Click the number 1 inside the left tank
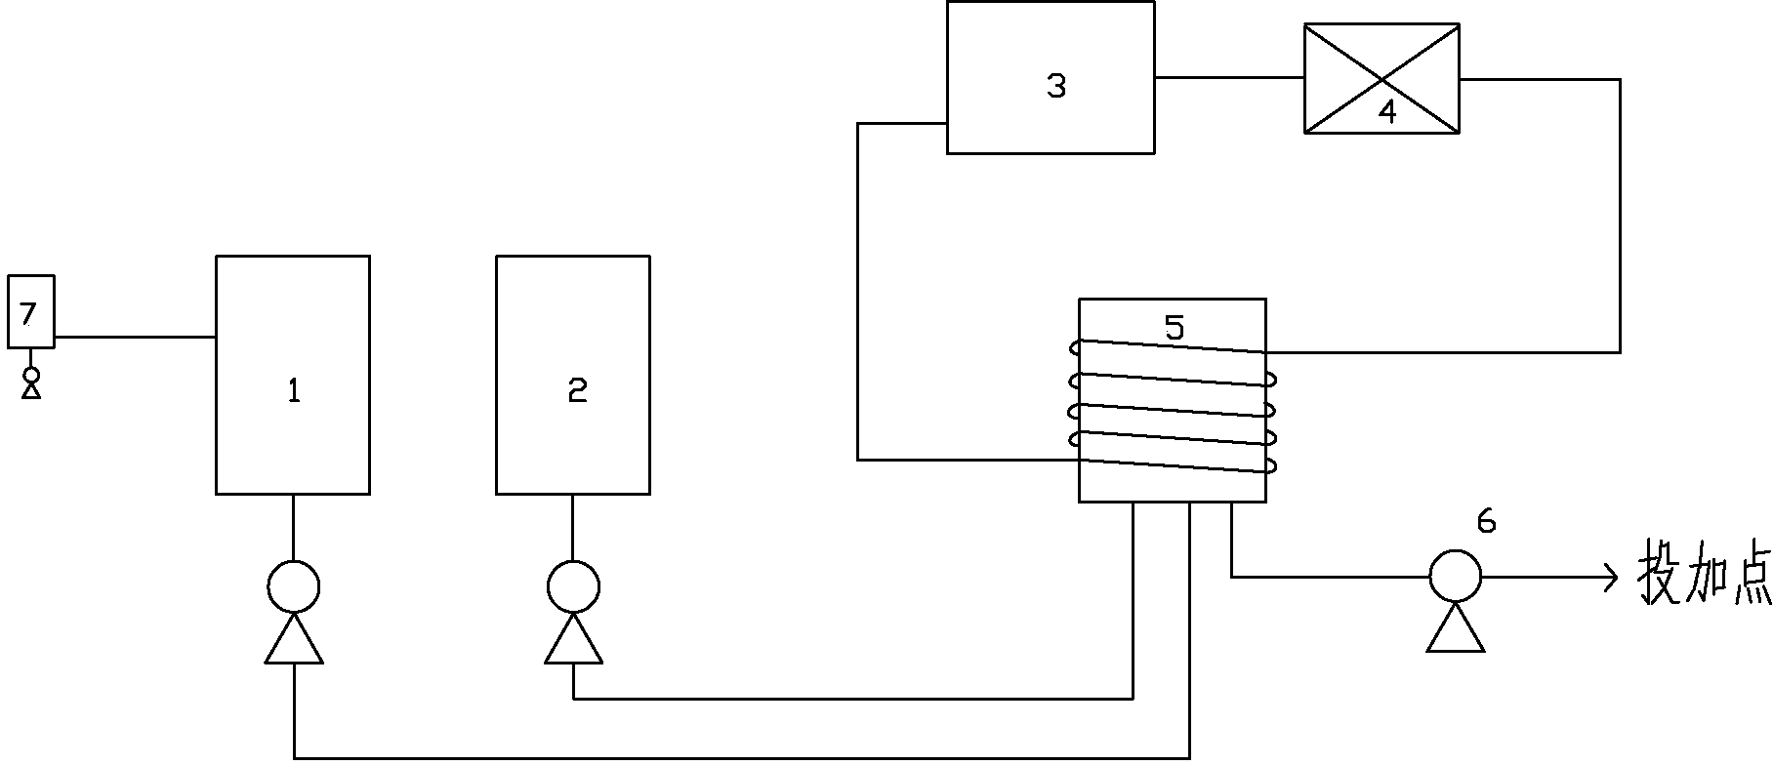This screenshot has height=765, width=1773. click(x=293, y=391)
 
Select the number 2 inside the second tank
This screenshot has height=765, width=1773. click(x=577, y=391)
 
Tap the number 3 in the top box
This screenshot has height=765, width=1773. click(x=1056, y=86)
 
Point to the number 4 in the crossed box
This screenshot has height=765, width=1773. click(x=1387, y=111)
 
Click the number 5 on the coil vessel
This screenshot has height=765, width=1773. click(x=1175, y=328)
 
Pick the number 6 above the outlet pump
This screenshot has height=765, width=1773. click(x=1486, y=522)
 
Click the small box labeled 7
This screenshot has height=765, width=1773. click(x=30, y=312)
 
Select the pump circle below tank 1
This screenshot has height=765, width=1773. click(x=293, y=586)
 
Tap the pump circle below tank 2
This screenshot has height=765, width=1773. click(x=573, y=586)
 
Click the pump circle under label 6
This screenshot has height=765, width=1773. click(x=1455, y=577)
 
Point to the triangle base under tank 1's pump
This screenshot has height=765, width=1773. click(x=293, y=642)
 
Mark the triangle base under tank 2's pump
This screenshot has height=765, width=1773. click(x=573, y=642)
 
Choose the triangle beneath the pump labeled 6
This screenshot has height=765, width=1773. click(x=1455, y=629)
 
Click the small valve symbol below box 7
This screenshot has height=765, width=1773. click(x=31, y=382)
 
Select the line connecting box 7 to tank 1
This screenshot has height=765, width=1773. click(x=135, y=338)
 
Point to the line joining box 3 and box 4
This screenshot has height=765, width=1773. click(x=1229, y=78)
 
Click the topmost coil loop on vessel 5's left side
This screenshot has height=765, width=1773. click(x=1075, y=347)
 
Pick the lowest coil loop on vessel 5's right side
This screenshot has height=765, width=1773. click(x=1270, y=466)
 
